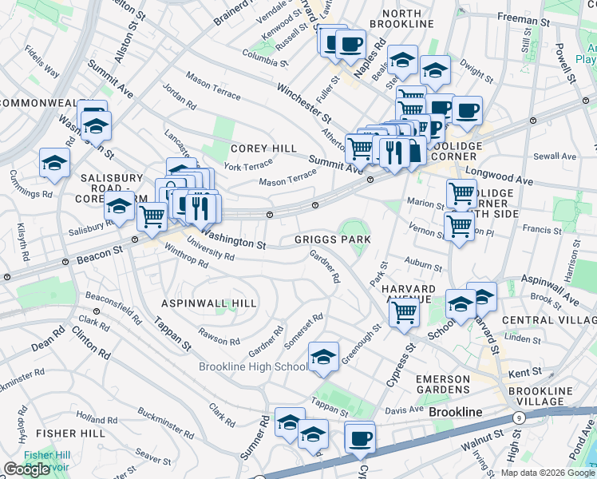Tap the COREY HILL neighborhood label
(x=263, y=148)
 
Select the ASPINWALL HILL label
(x=209, y=303)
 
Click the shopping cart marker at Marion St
(x=461, y=192)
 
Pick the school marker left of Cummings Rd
(x=54, y=162)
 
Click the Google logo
(x=26, y=469)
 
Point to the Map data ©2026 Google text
(x=548, y=473)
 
